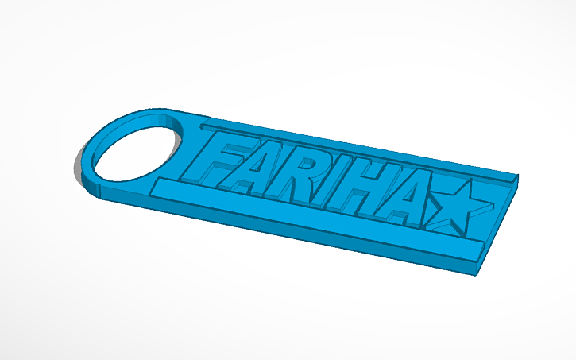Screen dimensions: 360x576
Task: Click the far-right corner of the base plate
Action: (x=519, y=176)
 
